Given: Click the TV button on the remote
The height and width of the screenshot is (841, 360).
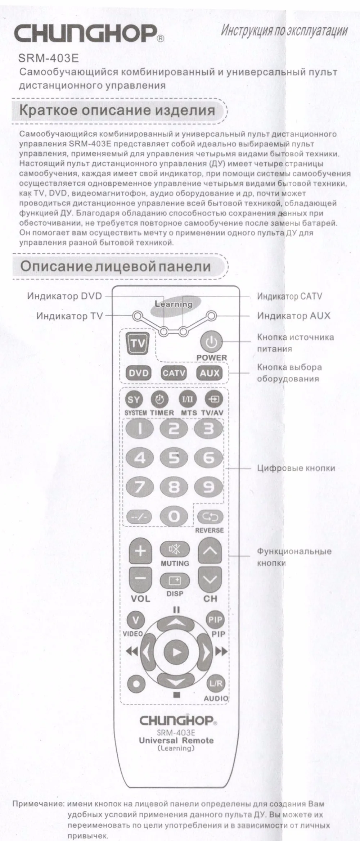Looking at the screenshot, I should pyautogui.click(x=137, y=343).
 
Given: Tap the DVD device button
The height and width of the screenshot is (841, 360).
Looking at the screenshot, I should pyautogui.click(x=139, y=373).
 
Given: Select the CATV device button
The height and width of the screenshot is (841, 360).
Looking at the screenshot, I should pyautogui.click(x=174, y=373).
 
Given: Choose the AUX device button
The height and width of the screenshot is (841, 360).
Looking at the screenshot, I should pyautogui.click(x=210, y=373).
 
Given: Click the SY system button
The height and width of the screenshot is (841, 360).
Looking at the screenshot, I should pyautogui.click(x=134, y=399).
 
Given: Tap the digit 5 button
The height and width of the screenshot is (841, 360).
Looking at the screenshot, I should pyautogui.click(x=174, y=458).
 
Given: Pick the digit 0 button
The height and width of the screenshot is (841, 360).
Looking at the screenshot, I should pyautogui.click(x=174, y=517).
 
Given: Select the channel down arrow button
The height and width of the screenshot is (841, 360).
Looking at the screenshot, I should pyautogui.click(x=210, y=579).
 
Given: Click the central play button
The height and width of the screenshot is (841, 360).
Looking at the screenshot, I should pyautogui.click(x=176, y=652).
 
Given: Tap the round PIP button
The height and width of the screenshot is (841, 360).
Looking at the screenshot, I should pyautogui.click(x=215, y=620).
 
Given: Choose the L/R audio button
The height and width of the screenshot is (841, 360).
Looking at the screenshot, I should pyautogui.click(x=215, y=683).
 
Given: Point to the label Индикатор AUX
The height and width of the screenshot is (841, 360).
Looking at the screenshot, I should pyautogui.click(x=293, y=316).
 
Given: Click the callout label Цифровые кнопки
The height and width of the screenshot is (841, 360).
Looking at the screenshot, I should pyautogui.click(x=296, y=468).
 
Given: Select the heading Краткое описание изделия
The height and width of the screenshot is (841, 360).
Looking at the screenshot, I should pyautogui.click(x=117, y=110).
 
